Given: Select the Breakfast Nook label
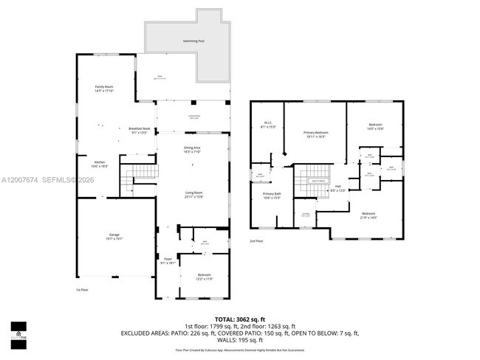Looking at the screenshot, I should [x=140, y=131].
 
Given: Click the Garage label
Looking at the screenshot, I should [x=114, y=236].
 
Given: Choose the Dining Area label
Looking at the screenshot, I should [x=193, y=150].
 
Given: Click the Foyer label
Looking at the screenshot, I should [x=168, y=260].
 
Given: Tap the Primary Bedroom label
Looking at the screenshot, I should [x=315, y=134].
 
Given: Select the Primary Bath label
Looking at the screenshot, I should [x=272, y=195].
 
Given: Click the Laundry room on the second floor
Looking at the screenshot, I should [x=306, y=215].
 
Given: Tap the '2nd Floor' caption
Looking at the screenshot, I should [x=256, y=240].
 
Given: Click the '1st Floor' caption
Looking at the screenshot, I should [x=83, y=290].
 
